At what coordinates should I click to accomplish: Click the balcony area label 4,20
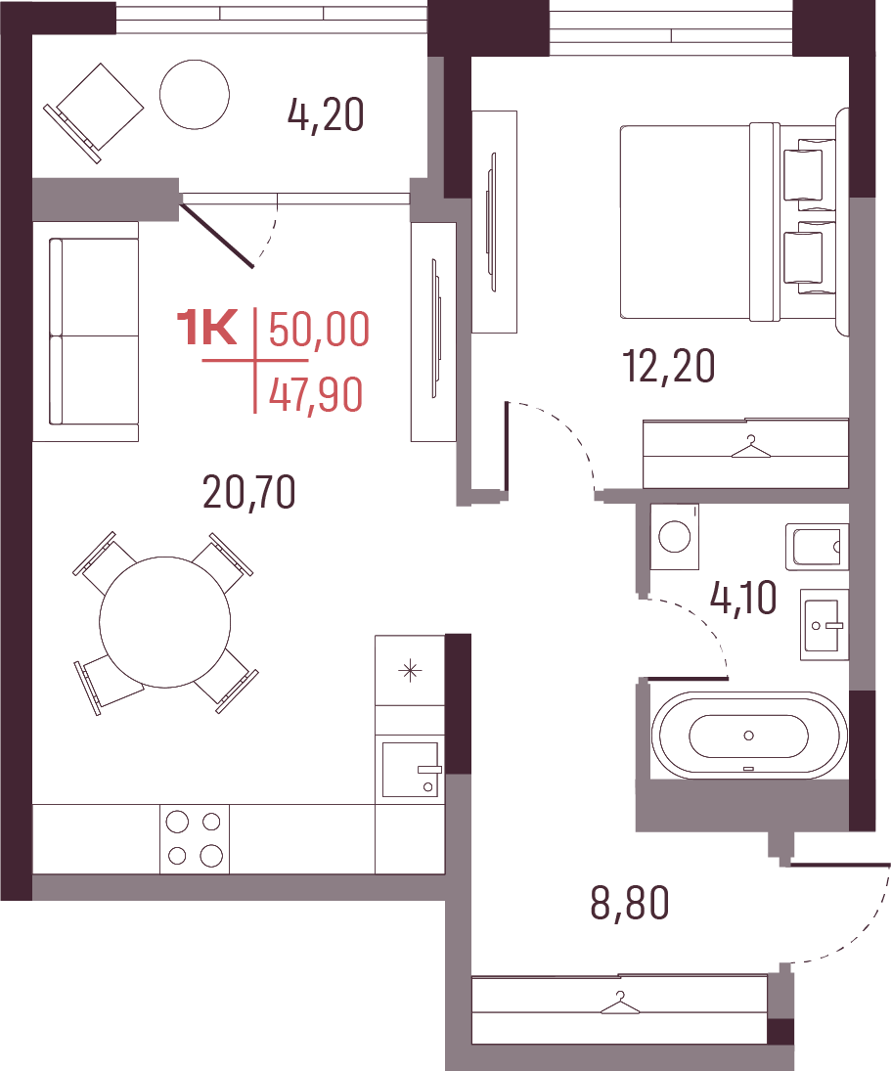pos(326,114)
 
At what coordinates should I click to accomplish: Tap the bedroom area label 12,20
pos(668,366)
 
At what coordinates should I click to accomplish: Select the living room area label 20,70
pos(249,492)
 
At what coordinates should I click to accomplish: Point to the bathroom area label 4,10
pos(743,598)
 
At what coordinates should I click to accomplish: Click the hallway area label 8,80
pos(630,903)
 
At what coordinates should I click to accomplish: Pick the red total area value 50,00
pos(319,330)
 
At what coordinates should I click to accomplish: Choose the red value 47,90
pos(316,395)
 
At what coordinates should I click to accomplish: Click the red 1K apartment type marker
pos(207,328)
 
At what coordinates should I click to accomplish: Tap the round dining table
pos(164,622)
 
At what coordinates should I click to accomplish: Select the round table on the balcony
pos(195,94)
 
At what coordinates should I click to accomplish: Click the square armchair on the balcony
pos(94,112)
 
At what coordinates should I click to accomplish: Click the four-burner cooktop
pos(195,839)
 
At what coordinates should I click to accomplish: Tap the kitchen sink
pos(411,769)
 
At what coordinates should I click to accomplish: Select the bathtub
pos(749,736)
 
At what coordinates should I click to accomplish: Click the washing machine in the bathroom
pos(675,536)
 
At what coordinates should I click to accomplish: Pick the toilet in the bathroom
pos(818,547)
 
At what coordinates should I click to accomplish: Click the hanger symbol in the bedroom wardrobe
pos(750,447)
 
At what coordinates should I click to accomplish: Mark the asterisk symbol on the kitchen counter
pos(410,671)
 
